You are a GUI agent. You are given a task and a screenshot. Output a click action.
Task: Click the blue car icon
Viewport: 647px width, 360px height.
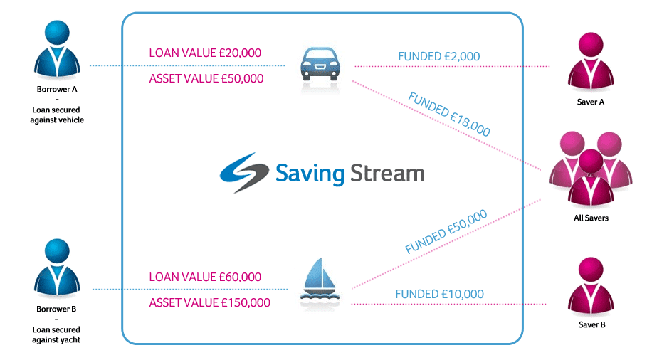point(318,65)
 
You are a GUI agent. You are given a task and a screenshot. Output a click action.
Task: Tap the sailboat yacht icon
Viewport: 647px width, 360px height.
point(320,282)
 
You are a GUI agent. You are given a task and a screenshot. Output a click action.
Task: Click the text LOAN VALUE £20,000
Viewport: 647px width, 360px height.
point(205,53)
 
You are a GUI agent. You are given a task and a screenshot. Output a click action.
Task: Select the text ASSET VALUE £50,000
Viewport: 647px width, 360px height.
point(206,78)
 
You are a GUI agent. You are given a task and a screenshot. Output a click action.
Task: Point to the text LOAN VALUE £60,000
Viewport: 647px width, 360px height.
point(205,277)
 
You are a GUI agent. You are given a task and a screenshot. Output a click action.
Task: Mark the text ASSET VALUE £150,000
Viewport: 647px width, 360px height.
point(209,302)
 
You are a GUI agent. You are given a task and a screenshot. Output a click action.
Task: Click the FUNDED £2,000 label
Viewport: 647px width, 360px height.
point(439,56)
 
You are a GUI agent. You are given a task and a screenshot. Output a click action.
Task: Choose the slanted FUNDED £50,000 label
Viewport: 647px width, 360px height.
point(446,231)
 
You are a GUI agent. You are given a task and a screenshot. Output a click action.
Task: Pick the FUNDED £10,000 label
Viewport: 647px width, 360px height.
point(439,294)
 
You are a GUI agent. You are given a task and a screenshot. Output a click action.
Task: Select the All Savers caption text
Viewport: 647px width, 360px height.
point(591,218)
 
